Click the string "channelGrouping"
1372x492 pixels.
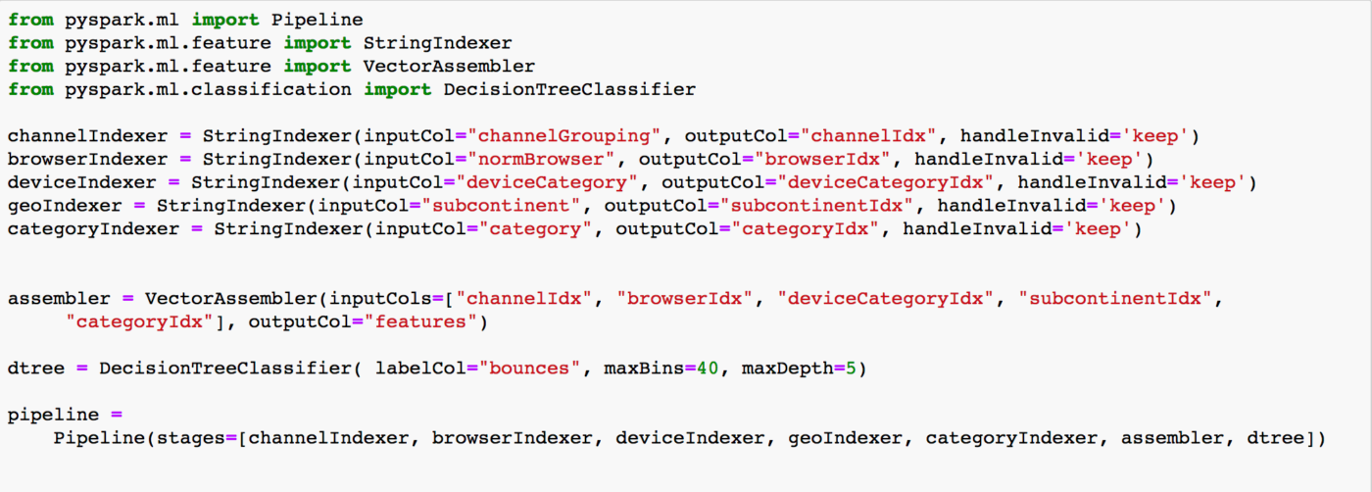[x=564, y=136]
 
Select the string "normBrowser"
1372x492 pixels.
[x=541, y=160]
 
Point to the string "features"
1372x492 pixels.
[x=420, y=322]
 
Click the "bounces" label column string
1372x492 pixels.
[x=529, y=369]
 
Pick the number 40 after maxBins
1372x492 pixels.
[x=708, y=369]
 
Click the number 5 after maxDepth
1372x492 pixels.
[x=851, y=369]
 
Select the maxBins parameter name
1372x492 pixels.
[x=644, y=369]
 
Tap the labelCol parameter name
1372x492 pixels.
[x=420, y=369]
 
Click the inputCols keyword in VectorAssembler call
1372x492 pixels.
[x=380, y=299]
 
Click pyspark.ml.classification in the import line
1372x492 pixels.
[x=208, y=90]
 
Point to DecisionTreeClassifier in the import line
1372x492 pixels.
[x=569, y=90]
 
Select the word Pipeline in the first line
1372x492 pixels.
[x=318, y=21]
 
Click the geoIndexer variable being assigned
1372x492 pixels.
[x=65, y=206]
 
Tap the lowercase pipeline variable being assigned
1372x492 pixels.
[x=53, y=416]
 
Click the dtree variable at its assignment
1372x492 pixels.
[x=36, y=369]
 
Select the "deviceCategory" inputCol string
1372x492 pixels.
[x=547, y=183]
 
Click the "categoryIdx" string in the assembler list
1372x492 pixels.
[x=139, y=322]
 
